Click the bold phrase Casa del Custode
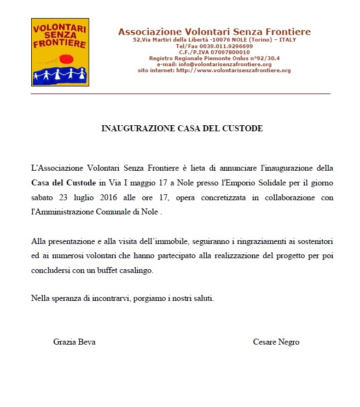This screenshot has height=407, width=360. click(x=63, y=182)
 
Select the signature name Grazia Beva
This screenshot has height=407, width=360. click(x=74, y=342)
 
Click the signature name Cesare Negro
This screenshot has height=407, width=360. click(x=276, y=342)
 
